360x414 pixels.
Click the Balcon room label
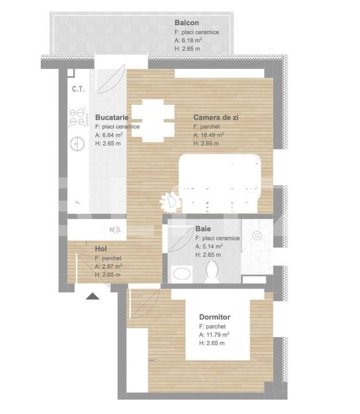[x=187, y=23]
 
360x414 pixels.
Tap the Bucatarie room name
[x=111, y=116]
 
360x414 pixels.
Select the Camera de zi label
[x=216, y=117]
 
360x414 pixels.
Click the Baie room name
[x=203, y=229]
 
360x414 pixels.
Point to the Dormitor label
[x=215, y=317]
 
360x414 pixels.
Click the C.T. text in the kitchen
[x=78, y=89]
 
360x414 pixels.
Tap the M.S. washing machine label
[x=115, y=230]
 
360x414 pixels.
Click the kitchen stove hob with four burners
[x=76, y=118]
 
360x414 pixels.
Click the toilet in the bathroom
[x=212, y=271]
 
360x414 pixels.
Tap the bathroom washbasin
[x=182, y=274]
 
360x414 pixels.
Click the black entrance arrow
[x=93, y=296]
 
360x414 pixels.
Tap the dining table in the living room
[x=153, y=121]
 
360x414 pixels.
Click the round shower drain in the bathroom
[x=257, y=235]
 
